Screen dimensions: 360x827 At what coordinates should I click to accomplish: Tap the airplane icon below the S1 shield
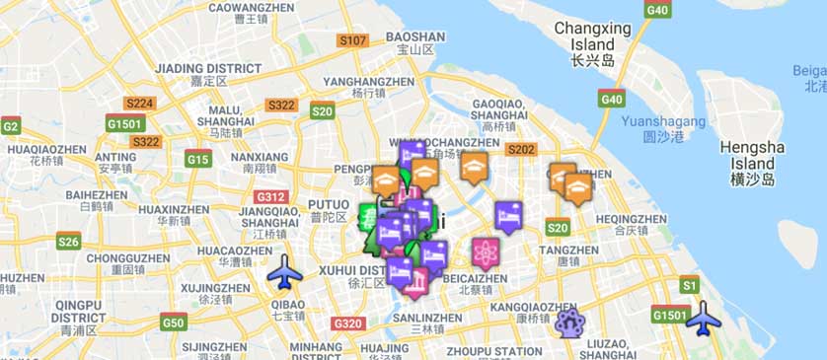704,318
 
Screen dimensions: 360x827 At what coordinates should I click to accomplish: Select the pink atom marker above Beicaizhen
485,253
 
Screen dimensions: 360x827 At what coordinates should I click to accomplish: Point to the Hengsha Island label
752,155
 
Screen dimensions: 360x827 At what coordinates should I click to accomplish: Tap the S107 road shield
352,41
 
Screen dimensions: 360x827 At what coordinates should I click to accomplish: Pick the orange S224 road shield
140,103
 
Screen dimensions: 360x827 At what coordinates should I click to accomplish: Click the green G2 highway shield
11,125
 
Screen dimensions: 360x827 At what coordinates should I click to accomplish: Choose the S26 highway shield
68,241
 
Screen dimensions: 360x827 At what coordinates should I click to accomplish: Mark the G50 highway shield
174,323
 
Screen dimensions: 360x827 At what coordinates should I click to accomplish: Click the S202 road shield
520,150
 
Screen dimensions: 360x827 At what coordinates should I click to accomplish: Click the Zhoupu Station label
493,350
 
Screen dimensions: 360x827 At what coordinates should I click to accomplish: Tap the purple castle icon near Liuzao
568,322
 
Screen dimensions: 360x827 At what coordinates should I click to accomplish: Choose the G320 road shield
348,323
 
